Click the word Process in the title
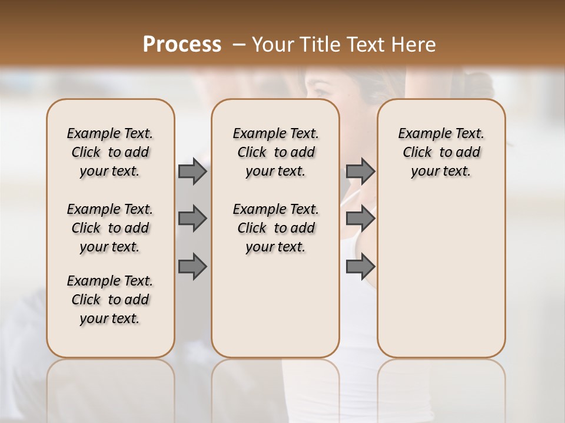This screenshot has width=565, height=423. [182, 44]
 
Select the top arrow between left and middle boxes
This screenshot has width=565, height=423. [192, 172]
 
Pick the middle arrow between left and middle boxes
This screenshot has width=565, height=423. [192, 219]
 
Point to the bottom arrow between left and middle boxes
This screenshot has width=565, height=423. [192, 267]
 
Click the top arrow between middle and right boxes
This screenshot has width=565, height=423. [360, 172]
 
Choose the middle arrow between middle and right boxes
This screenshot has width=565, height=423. [360, 219]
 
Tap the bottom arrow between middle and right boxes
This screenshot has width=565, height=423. [360, 267]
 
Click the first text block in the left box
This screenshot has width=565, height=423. [110, 152]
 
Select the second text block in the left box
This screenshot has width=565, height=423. [110, 228]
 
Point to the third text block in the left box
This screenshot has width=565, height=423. [110, 300]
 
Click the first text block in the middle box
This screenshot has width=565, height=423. [275, 152]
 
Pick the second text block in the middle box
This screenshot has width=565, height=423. [275, 228]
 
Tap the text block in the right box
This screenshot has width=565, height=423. [441, 152]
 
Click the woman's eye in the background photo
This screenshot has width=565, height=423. [320, 92]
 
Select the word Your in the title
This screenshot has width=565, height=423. [271, 44]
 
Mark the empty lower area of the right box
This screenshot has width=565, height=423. [441, 276]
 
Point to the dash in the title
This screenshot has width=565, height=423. [239, 44]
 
